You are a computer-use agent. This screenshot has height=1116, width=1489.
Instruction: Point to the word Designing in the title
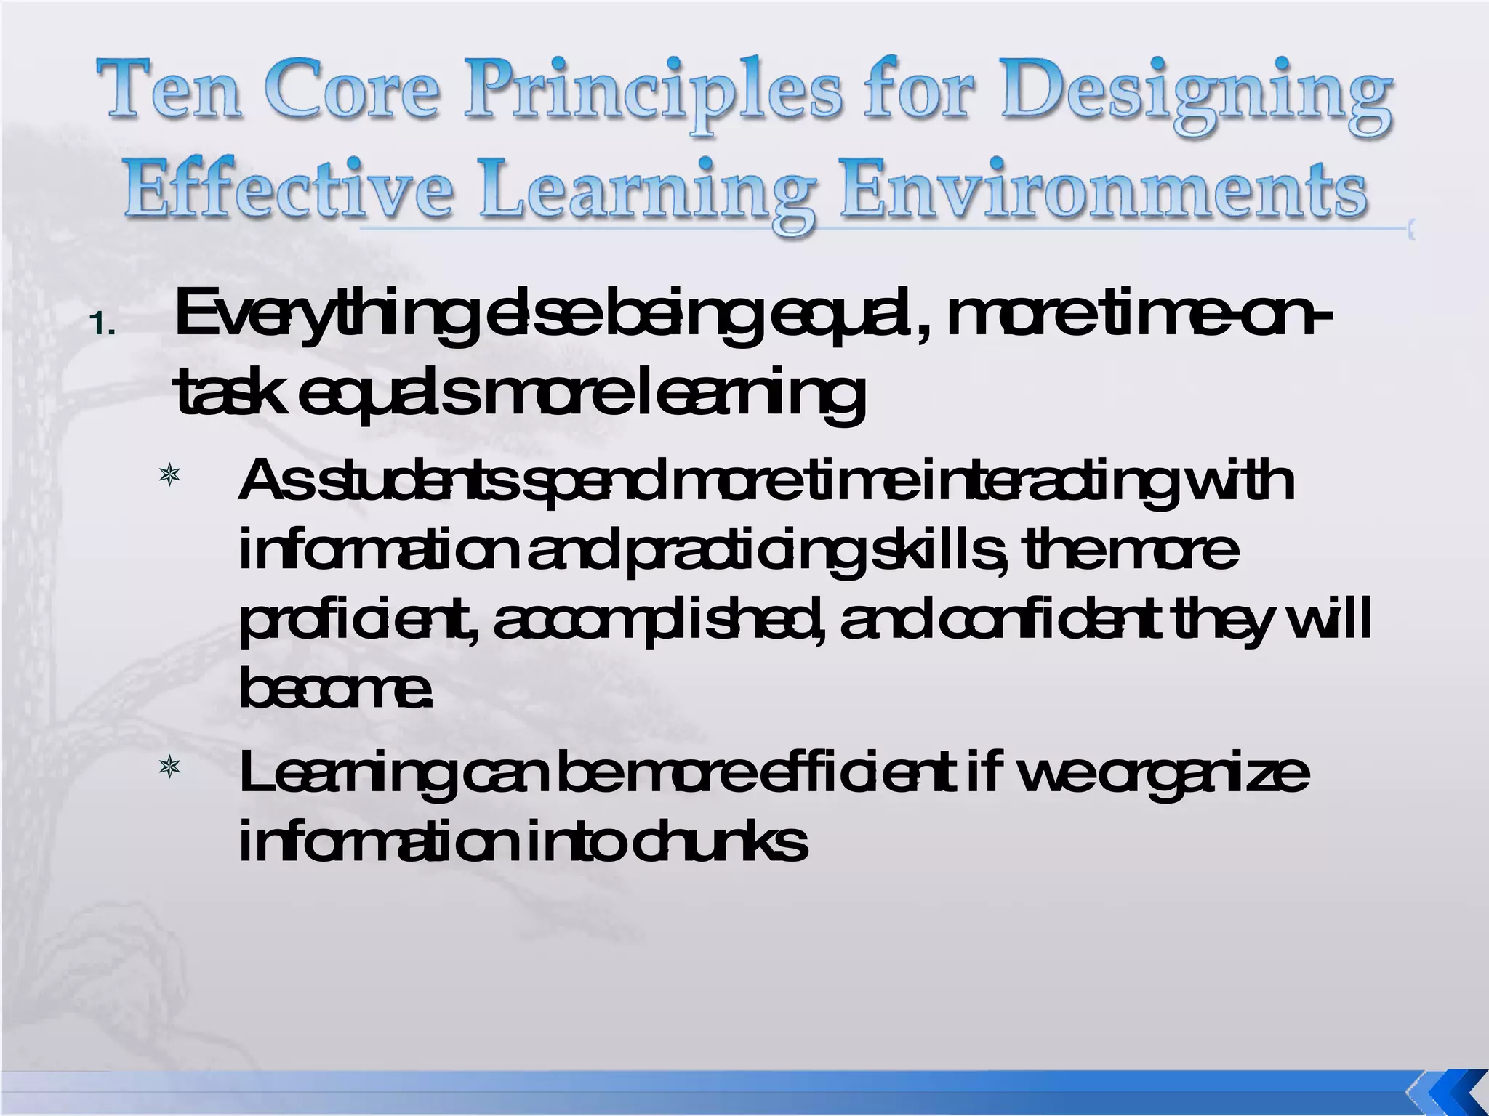[1196, 94]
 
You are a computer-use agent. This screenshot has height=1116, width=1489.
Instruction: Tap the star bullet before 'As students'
[169, 477]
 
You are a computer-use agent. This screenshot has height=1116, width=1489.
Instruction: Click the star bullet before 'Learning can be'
[169, 767]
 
